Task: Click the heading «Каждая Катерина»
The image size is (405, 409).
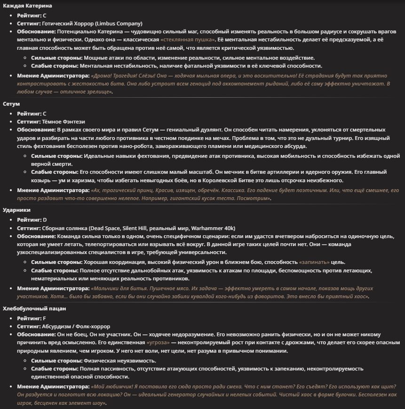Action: (x=28, y=6)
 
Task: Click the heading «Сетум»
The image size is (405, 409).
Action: (x=11, y=103)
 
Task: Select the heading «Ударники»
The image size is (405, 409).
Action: (x=17, y=210)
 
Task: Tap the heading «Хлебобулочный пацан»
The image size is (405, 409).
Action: (x=34, y=309)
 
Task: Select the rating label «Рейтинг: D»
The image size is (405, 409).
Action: (x=32, y=219)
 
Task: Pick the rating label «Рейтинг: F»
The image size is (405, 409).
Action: (x=32, y=318)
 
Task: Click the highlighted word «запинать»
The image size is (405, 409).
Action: (x=314, y=262)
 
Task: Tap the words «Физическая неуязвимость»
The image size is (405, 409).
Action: (x=119, y=361)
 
